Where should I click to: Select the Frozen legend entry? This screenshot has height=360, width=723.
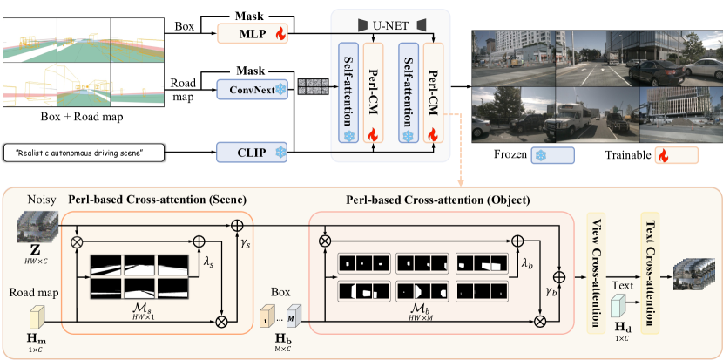click(523, 155)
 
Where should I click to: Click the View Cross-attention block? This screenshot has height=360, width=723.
click(598, 272)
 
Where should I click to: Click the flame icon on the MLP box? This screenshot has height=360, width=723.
click(280, 35)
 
